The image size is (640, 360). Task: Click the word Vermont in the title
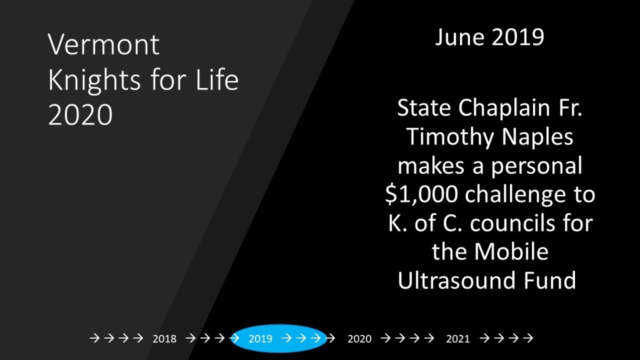click(x=104, y=44)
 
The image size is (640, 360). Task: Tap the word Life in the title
click(x=217, y=79)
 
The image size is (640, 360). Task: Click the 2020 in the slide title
click(x=81, y=115)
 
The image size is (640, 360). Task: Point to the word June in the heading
click(x=459, y=37)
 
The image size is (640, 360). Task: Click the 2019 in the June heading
click(x=518, y=37)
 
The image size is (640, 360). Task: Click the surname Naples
click(x=537, y=137)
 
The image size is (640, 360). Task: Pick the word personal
click(x=536, y=166)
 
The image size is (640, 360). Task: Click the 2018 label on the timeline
click(x=164, y=339)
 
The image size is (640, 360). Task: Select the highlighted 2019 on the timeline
click(x=261, y=339)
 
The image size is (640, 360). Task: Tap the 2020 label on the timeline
click(x=359, y=339)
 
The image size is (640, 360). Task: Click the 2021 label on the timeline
click(x=458, y=339)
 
